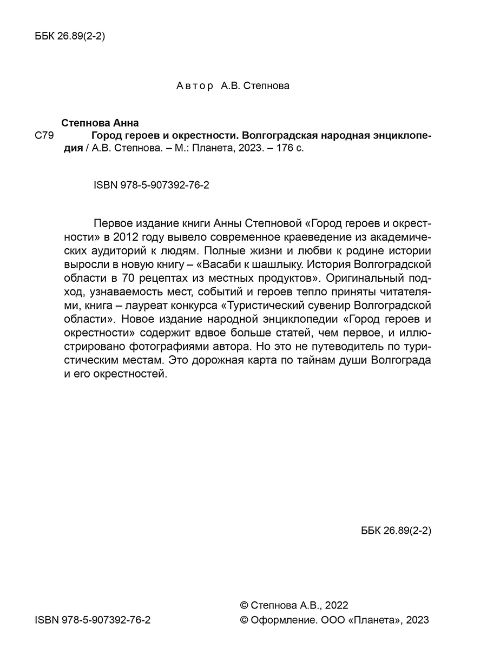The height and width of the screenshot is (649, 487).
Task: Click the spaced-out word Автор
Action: point(195,86)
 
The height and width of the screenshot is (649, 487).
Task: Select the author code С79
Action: point(43,136)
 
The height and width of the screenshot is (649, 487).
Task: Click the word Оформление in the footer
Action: point(280,620)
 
